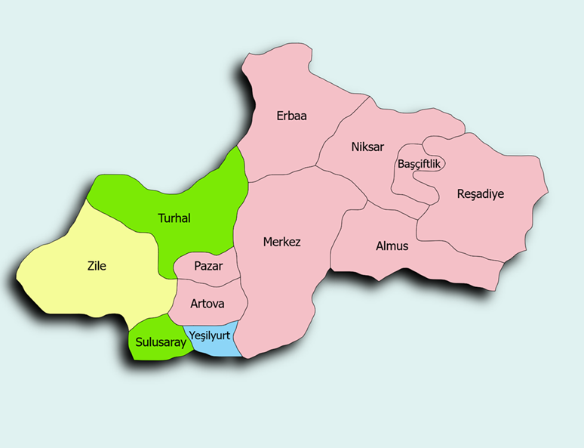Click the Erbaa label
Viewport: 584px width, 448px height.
pos(291,116)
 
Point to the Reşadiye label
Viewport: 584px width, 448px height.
pos(480,194)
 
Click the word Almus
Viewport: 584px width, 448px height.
pos(392,246)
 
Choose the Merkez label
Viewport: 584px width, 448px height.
pos(281,243)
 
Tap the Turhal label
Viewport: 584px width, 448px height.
pos(174,218)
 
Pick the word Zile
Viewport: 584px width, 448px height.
pos(97,266)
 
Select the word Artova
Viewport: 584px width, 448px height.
pos(207,304)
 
